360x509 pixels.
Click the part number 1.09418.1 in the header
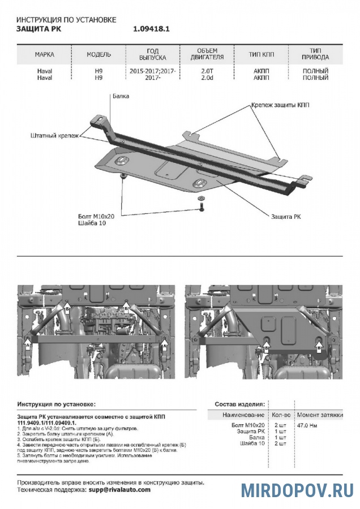coord(152,28)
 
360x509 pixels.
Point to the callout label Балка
coord(120,96)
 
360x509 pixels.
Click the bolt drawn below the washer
coord(201,209)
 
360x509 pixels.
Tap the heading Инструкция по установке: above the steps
coord(56,405)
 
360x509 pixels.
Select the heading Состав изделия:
coord(239,405)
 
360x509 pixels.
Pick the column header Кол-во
coord(280,415)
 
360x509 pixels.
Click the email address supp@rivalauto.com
coord(119,490)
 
